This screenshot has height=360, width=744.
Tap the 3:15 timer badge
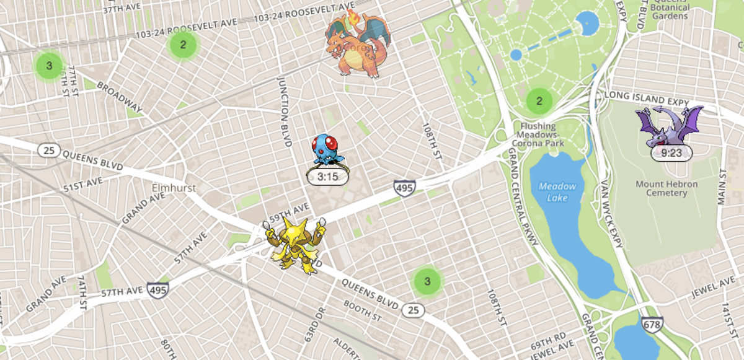[x=327, y=177]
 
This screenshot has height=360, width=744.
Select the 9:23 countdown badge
[x=671, y=153]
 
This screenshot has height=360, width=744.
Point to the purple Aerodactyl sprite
[x=670, y=126]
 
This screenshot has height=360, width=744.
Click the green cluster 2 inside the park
[x=539, y=100]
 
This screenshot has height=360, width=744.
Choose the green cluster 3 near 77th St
[x=49, y=65]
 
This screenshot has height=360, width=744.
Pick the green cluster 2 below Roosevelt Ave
[x=182, y=44]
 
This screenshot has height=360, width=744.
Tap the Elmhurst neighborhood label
[x=174, y=188]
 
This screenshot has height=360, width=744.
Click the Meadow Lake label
[x=557, y=191]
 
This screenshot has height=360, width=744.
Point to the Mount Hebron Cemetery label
[x=666, y=189]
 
